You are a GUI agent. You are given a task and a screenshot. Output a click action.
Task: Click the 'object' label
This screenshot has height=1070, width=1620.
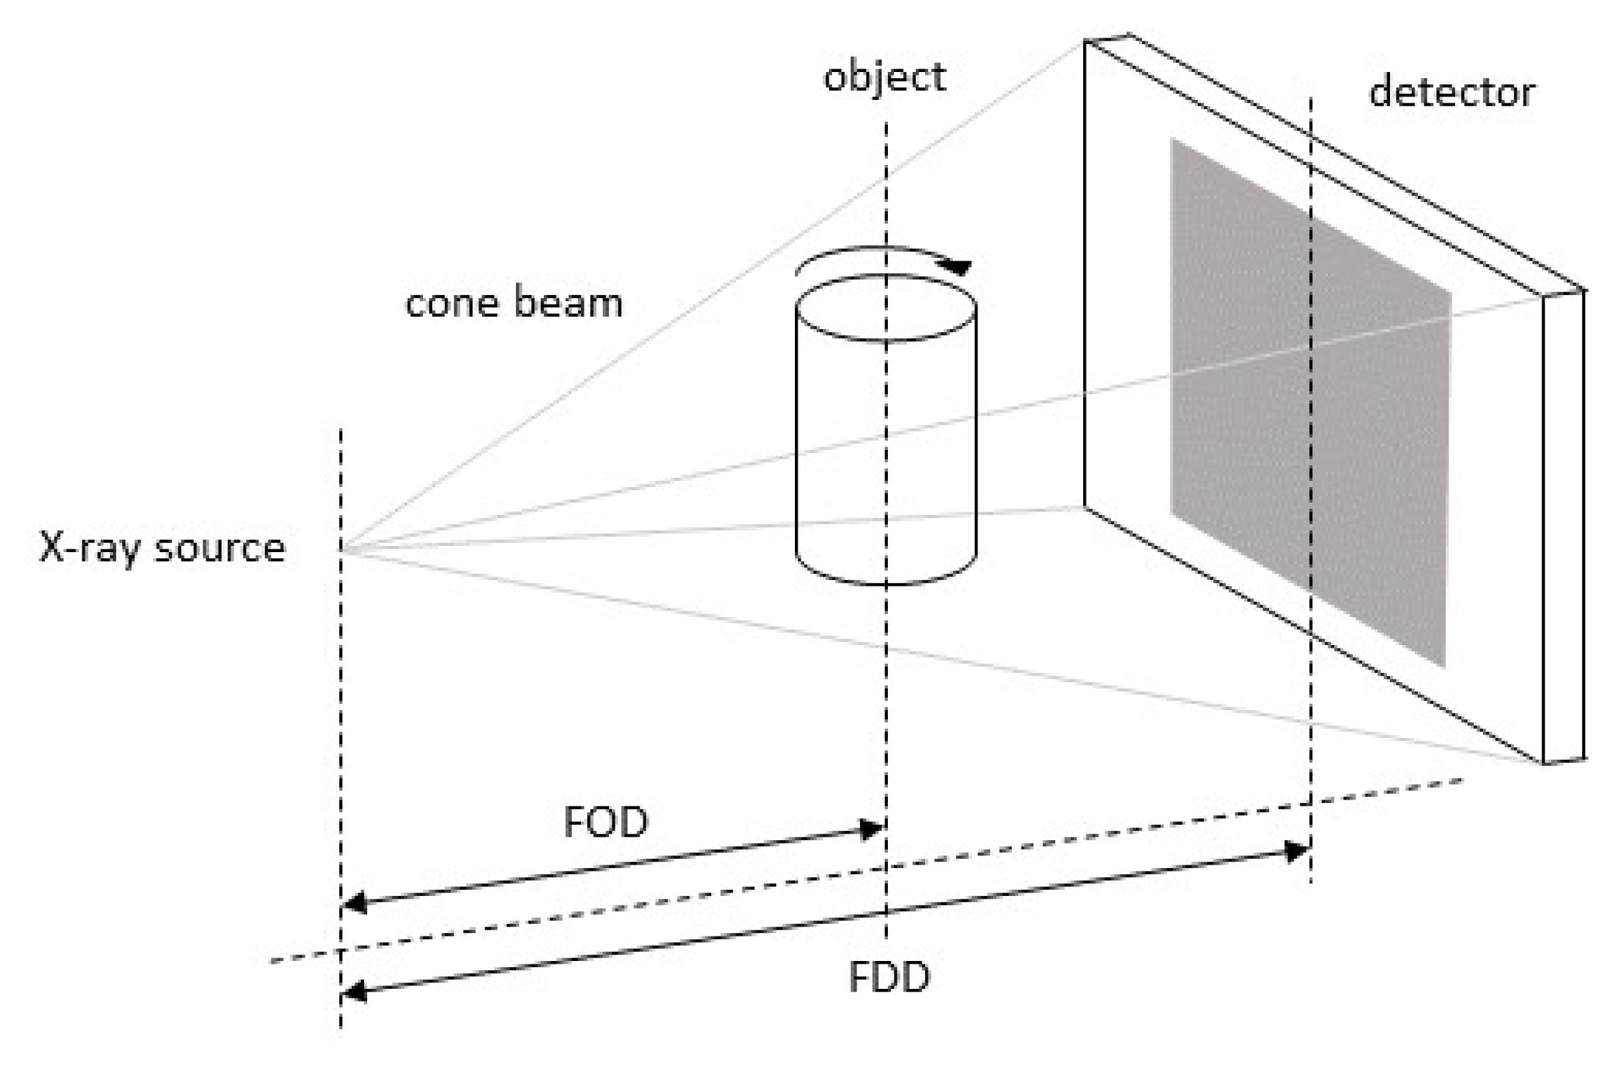[x=884, y=77]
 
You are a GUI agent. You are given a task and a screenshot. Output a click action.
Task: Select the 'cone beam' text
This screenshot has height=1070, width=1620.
[x=514, y=303]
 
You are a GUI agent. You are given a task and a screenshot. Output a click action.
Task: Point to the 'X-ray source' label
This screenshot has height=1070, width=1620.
[x=162, y=547]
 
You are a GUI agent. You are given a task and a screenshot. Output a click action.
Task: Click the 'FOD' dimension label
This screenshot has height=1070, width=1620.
[x=606, y=822]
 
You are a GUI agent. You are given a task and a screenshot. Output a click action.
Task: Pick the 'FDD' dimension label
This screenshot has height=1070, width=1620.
[x=889, y=977]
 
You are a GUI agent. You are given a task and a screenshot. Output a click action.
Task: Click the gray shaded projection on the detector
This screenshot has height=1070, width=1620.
[x=1307, y=405]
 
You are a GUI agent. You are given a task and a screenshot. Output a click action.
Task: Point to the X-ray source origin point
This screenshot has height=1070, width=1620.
[x=341, y=551]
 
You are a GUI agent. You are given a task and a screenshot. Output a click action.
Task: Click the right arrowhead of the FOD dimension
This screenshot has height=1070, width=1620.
[x=874, y=830]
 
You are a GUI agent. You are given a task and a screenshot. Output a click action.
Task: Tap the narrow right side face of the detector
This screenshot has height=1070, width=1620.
[x=1563, y=524]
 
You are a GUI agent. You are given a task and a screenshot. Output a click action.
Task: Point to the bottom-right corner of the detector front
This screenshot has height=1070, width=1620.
[x=1543, y=763]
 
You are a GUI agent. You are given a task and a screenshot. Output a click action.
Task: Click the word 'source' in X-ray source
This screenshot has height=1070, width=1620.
[x=220, y=547]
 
